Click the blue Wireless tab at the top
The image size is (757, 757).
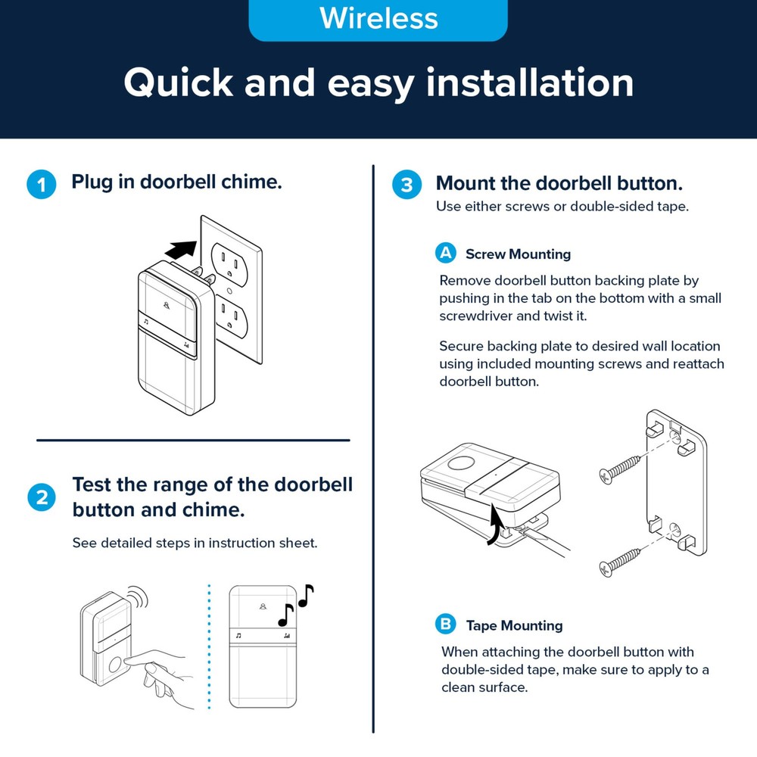tap(378, 19)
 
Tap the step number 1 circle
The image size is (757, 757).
tap(41, 185)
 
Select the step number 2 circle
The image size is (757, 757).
tap(41, 497)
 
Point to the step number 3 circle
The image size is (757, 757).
tap(407, 185)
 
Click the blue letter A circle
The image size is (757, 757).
tap(446, 253)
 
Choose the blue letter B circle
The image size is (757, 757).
tap(446, 624)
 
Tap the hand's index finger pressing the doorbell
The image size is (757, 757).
tap(136, 660)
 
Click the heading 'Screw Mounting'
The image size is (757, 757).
tap(518, 254)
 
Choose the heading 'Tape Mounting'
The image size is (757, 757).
tap(514, 625)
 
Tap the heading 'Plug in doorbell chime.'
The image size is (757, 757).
tap(176, 182)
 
